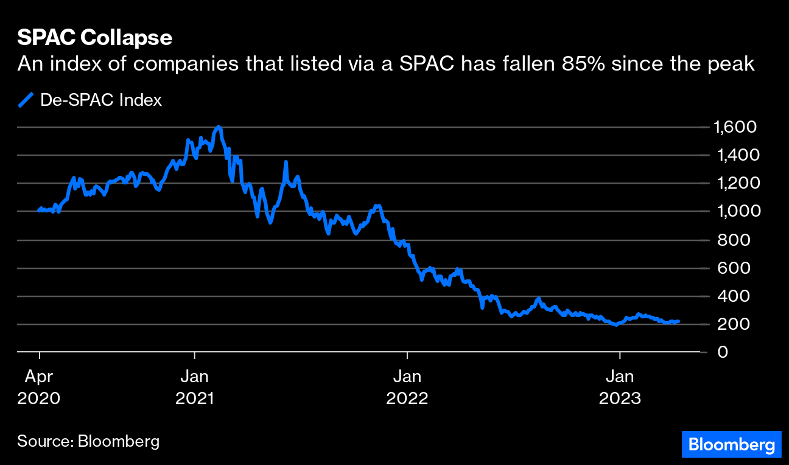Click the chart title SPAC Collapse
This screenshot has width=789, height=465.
click(x=94, y=38)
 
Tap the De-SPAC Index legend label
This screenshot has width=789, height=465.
click(x=101, y=100)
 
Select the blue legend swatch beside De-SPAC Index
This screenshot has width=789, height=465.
click(x=26, y=100)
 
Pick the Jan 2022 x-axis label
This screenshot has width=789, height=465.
click(x=407, y=388)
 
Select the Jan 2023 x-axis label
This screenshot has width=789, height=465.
click(x=620, y=388)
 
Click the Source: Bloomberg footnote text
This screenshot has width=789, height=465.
click(x=88, y=441)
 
